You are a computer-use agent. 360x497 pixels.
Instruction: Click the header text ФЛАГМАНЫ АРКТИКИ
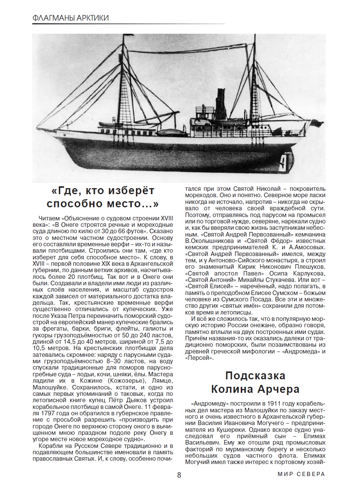pyautogui.click(x=70, y=18)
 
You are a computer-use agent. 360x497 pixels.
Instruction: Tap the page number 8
pyautogui.click(x=179, y=475)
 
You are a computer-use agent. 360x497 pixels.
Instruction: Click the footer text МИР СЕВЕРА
pyautogui.click(x=301, y=474)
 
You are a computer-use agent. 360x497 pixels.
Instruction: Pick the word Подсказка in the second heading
pyautogui.click(x=255, y=376)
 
